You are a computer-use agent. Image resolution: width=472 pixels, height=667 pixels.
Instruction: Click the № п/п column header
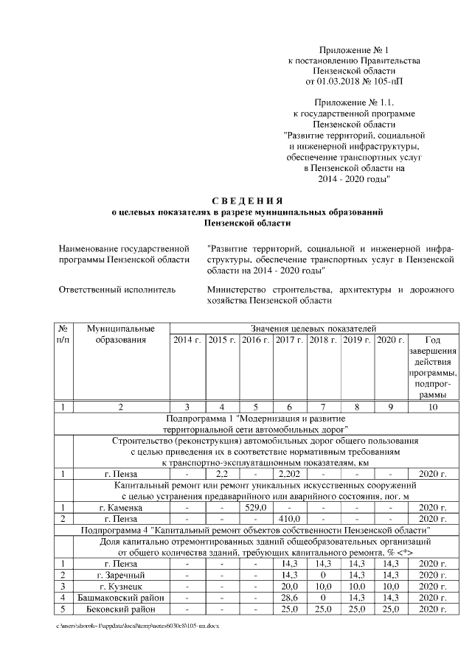[x=63, y=333]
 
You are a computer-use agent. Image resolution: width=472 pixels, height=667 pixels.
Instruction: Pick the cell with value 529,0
[x=254, y=508]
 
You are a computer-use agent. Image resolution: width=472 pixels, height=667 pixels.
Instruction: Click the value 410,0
[x=288, y=519]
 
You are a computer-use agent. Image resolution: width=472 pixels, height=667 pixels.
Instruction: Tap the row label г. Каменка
[x=121, y=508]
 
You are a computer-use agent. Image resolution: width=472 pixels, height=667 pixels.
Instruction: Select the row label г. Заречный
[x=121, y=575]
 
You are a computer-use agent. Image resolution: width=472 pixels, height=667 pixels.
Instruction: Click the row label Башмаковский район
[x=121, y=597]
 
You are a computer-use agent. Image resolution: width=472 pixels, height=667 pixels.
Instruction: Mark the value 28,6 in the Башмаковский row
[x=288, y=597]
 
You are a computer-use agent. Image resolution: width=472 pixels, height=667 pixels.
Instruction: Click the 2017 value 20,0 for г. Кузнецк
[x=288, y=586]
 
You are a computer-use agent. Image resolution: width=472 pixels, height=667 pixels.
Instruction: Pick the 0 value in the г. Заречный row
[x=322, y=575]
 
